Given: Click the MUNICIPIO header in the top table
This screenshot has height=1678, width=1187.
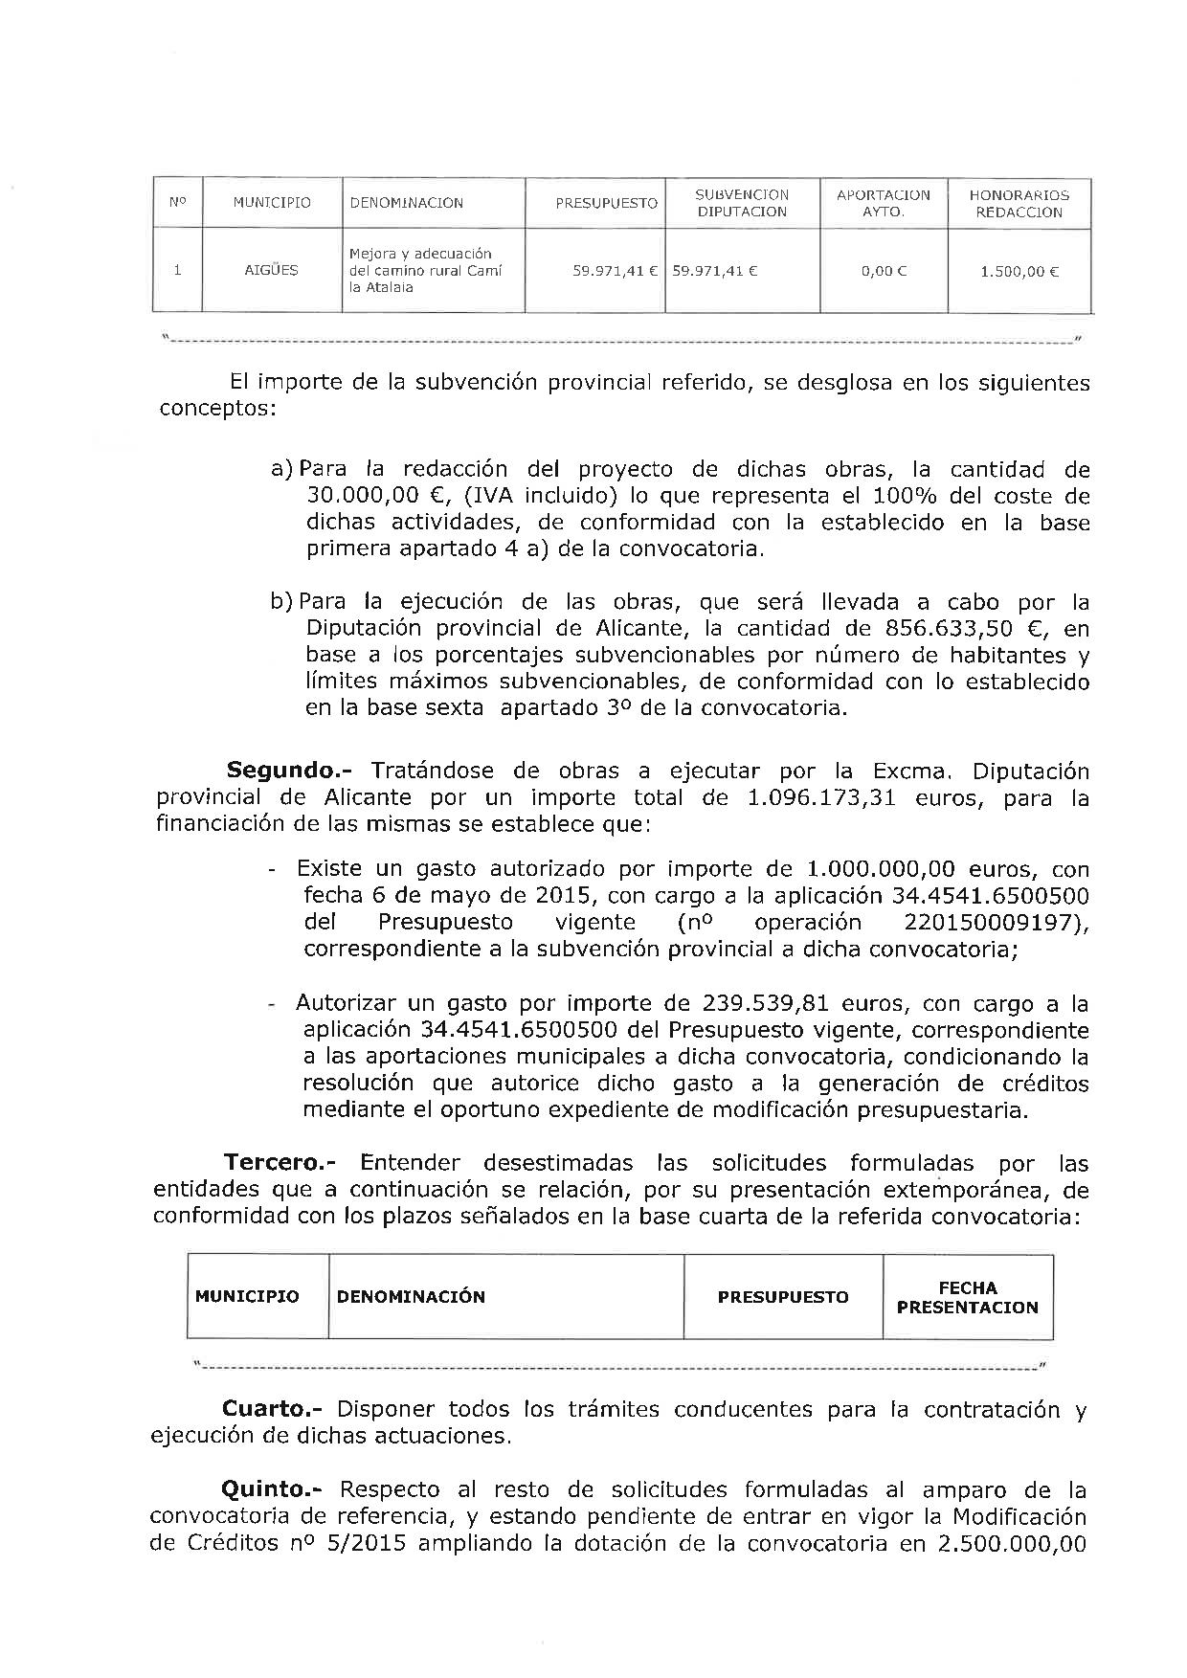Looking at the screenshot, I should (x=272, y=203).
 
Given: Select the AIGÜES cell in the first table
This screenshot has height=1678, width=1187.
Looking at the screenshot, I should (x=272, y=270).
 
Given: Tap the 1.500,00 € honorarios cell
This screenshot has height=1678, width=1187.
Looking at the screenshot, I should (x=1019, y=271).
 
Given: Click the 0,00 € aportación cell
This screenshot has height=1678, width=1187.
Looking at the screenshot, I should (x=884, y=271).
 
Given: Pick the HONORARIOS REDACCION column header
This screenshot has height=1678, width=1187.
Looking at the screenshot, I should (x=1019, y=203).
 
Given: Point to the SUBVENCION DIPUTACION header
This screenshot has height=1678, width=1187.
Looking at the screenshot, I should (x=742, y=203).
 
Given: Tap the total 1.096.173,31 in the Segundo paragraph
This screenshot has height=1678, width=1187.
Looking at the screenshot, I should (x=819, y=797).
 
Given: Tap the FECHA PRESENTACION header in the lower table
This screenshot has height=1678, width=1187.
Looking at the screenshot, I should (x=967, y=1297).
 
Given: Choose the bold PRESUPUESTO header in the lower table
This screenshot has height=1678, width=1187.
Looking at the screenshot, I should (x=783, y=1297).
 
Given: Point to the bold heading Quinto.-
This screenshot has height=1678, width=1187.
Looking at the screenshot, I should (x=273, y=1489).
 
